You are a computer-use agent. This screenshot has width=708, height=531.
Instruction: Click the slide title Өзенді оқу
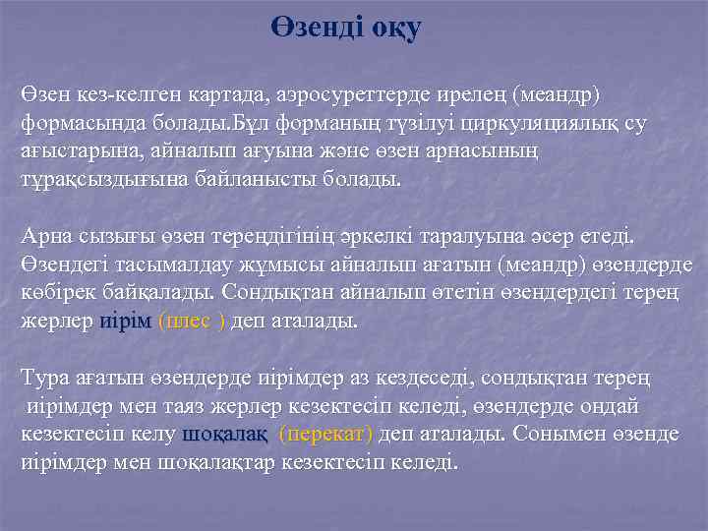click(345, 29)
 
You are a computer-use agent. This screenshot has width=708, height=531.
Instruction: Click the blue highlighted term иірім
click(126, 322)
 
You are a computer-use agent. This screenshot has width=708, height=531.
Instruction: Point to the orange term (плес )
click(192, 322)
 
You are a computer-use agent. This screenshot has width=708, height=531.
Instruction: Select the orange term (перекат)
click(326, 434)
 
